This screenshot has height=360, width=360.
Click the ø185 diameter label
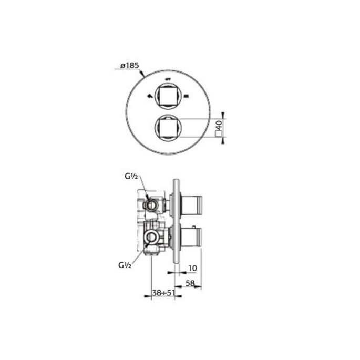point(129,66)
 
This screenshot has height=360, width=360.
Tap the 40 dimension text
point(219,125)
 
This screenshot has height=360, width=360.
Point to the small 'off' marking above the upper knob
point(169,79)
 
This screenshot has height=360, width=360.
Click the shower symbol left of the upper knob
point(151,96)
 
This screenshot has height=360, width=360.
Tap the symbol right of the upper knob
point(186,96)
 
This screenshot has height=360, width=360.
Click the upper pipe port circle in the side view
point(151,204)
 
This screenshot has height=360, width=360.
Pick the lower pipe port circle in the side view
point(151,238)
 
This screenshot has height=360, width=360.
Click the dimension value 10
point(192,268)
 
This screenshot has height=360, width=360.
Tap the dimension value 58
point(191,283)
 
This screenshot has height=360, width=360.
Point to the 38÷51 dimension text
point(163,293)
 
